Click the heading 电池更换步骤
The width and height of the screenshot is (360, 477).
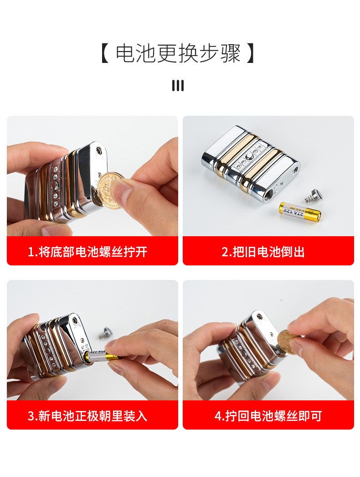click(178, 53)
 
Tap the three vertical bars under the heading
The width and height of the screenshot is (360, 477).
click(178, 85)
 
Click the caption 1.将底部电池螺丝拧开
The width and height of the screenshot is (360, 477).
click(87, 252)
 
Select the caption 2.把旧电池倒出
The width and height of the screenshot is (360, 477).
click(263, 252)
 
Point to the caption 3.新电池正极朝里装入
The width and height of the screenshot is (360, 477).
click(87, 416)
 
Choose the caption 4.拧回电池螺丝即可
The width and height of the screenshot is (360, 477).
click(268, 416)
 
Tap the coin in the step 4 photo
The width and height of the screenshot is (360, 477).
click(288, 342)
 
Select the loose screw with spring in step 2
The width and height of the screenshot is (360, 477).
click(314, 196)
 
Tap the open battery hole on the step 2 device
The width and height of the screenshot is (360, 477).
click(269, 193)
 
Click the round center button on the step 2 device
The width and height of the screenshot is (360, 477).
click(249, 157)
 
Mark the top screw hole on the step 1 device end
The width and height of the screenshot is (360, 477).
click(99, 150)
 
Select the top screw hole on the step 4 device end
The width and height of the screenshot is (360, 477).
click(259, 317)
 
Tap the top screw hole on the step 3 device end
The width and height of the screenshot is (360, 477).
click(75, 320)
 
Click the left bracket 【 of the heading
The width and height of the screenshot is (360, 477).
click(105, 53)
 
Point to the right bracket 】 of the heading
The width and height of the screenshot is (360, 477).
click(251, 53)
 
